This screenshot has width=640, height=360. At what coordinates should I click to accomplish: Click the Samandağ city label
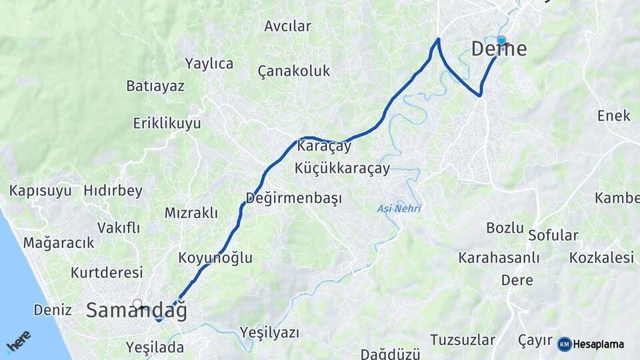click(137, 311)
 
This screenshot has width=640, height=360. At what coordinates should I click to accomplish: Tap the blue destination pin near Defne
click(501, 41)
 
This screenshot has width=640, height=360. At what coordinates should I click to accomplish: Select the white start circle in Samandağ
click(137, 304)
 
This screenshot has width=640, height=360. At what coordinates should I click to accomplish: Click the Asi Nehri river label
click(399, 209)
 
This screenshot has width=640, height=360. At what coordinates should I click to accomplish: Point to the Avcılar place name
click(287, 26)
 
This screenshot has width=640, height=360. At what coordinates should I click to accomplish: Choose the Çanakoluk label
click(294, 71)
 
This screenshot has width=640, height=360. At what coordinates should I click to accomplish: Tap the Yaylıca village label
click(209, 63)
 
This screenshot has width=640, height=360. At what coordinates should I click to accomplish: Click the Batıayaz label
click(155, 86)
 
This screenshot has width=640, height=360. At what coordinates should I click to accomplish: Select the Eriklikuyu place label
click(167, 123)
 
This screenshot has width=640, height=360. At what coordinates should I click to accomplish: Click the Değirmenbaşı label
click(293, 198)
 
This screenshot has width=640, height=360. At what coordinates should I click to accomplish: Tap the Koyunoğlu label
click(215, 258)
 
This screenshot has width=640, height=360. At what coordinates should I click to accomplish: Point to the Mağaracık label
click(59, 243)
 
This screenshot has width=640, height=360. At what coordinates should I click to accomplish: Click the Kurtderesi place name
click(107, 273)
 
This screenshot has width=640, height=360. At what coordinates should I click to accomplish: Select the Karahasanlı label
click(499, 257)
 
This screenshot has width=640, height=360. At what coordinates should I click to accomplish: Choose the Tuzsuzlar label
click(463, 340)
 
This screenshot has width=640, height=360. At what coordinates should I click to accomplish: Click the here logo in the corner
click(19, 341)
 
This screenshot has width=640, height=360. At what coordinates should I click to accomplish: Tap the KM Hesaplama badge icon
click(564, 344)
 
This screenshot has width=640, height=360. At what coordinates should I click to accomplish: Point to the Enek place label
click(613, 115)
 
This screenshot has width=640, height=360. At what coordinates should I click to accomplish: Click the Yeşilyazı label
click(269, 332)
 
